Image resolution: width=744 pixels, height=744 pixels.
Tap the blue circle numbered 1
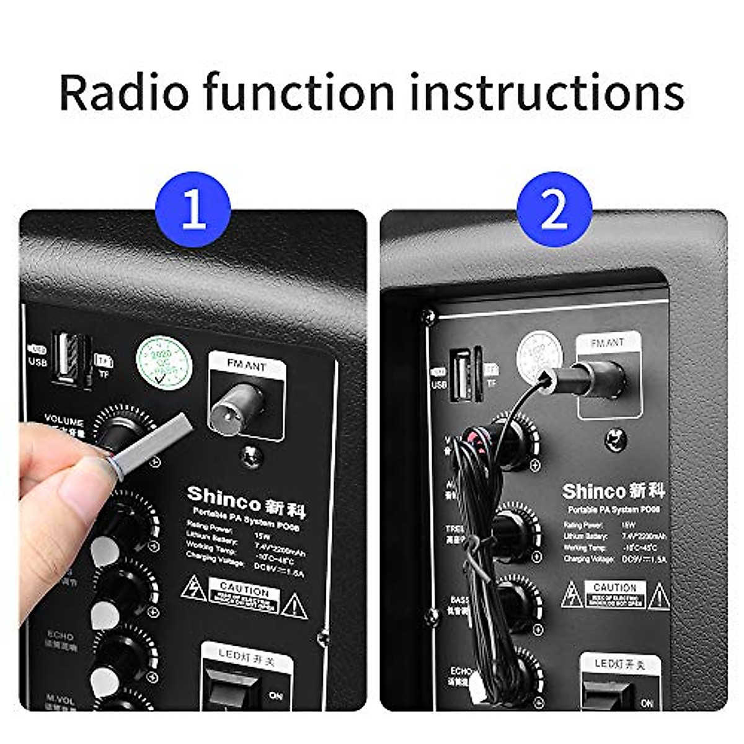[x=193, y=209]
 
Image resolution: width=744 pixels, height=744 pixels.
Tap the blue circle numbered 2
[x=554, y=209]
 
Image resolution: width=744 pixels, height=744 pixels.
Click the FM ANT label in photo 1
[x=247, y=366]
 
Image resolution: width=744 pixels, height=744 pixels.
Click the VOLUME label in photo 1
[x=64, y=422]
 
